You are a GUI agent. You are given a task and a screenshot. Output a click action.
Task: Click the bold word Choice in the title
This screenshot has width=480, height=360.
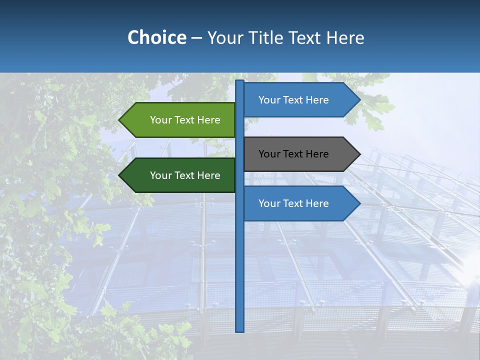click(x=156, y=37)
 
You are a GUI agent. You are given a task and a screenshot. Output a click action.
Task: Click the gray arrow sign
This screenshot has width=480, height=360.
click(x=300, y=154)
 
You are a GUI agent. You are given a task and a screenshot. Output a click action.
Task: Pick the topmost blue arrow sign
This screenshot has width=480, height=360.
click(x=300, y=100)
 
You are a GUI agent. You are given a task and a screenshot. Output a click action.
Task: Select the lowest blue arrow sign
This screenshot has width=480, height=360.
click(x=300, y=203)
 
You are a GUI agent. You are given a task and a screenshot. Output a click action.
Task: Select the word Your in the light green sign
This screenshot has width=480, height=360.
click(x=160, y=120)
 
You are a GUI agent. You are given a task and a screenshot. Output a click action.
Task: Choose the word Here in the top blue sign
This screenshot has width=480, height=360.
click(x=317, y=100)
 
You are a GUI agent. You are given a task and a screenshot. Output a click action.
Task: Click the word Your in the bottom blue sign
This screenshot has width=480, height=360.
click(x=269, y=203)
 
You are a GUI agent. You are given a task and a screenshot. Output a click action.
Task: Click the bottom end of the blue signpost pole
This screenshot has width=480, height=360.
click(x=240, y=329)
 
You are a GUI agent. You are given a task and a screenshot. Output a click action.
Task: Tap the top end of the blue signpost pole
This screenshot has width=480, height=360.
click(x=240, y=82)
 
